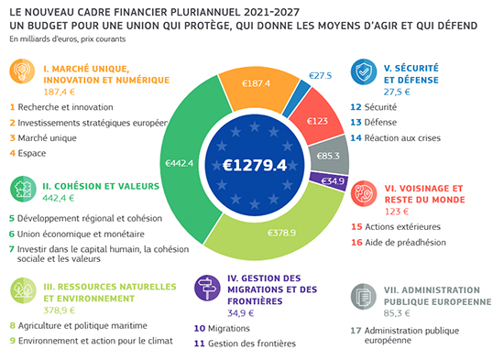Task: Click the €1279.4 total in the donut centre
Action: [255, 165]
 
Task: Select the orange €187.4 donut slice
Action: [257, 87]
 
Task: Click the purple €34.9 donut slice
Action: [330, 181]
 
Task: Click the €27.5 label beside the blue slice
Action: [320, 75]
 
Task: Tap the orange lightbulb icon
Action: [22, 71]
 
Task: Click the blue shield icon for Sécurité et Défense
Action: [364, 71]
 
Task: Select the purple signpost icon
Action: [207, 288]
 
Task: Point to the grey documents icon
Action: [364, 297]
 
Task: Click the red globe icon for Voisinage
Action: [364, 193]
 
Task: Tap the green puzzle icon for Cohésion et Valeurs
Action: [23, 189]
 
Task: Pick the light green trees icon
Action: [23, 290]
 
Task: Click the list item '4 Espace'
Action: [28, 153]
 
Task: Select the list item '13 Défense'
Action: [374, 122]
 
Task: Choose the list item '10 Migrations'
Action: [222, 328]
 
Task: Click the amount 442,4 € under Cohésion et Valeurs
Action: [59, 198]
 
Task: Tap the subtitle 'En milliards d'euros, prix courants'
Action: [68, 39]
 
